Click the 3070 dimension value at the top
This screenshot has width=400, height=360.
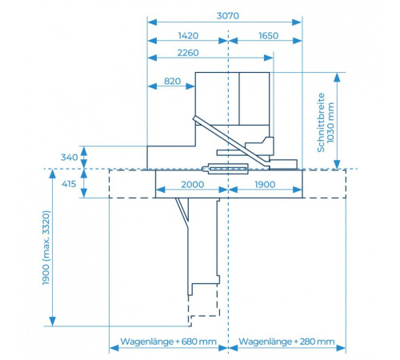228,16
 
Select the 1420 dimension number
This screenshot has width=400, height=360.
188,35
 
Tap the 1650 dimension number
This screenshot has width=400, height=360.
269,35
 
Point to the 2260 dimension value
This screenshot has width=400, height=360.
188,53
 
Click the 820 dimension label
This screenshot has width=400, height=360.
172,81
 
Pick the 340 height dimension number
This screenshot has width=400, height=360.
70,157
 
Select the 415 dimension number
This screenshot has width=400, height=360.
69,184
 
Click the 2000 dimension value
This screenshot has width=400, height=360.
193,184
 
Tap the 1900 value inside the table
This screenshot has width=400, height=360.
265,184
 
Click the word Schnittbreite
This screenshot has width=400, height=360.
321,122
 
